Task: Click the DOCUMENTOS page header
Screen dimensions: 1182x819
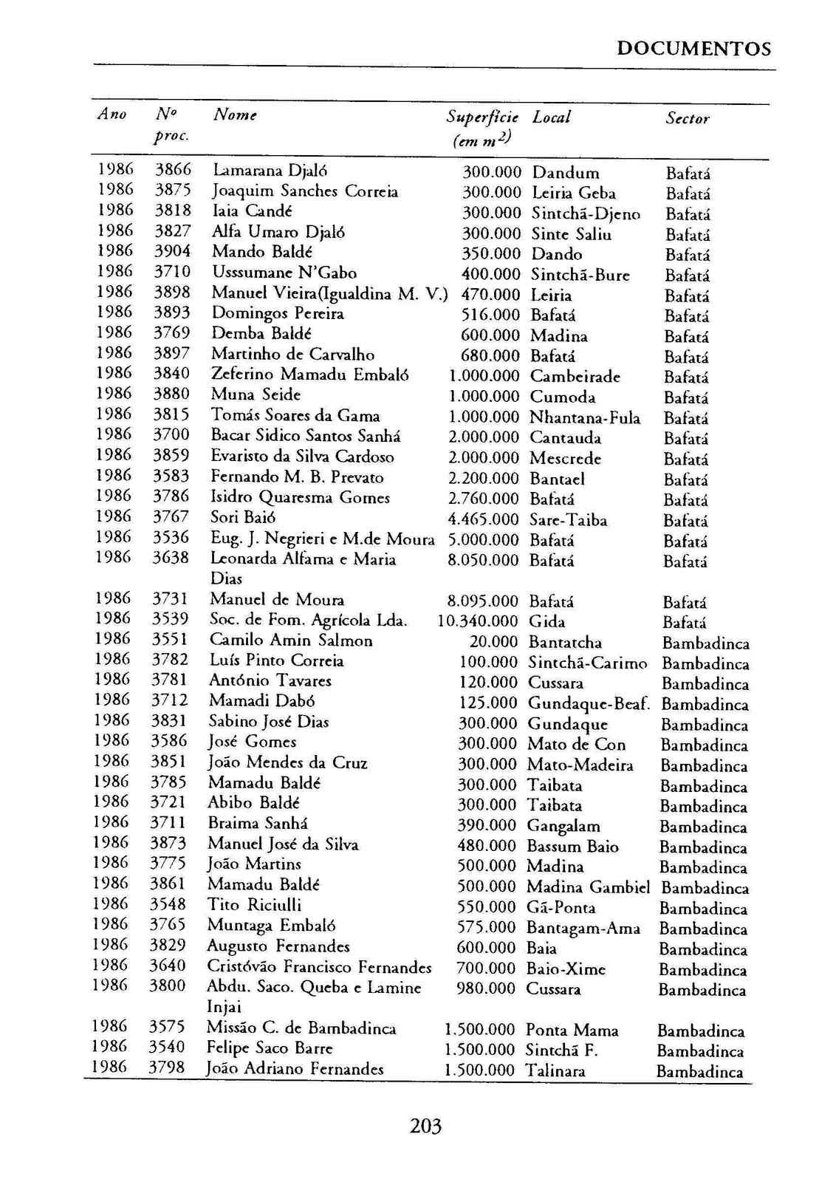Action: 693,49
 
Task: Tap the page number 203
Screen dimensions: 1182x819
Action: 425,1126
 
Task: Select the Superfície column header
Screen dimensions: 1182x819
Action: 482,117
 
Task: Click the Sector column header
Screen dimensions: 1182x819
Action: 687,119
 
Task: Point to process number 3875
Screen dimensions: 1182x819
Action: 172,191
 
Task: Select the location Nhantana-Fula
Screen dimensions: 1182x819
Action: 585,418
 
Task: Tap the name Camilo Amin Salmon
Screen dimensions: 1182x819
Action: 291,640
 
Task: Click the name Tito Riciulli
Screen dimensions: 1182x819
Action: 254,905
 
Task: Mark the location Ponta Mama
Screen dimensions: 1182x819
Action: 572,1030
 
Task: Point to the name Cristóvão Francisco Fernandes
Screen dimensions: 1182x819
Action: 319,967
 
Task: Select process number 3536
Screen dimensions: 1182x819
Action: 171,538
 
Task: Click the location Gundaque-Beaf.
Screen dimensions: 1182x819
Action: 589,704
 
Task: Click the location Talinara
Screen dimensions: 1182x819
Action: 555,1070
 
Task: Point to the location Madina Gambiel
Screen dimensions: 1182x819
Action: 588,887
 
